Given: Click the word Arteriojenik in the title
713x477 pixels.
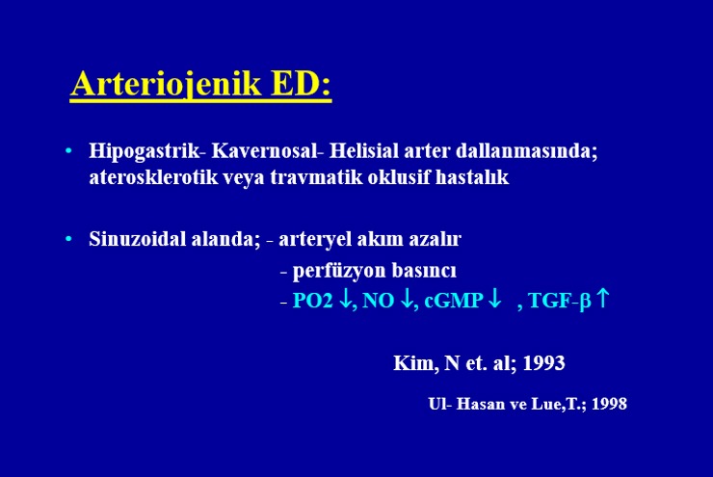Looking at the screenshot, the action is pyautogui.click(x=166, y=84).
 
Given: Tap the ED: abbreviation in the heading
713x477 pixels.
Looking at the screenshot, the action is pyautogui.click(x=301, y=83).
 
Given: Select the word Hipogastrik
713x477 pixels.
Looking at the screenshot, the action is pyautogui.click(x=145, y=151).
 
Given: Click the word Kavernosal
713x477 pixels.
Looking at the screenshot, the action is pyautogui.click(x=264, y=150).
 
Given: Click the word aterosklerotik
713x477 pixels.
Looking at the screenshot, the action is pyautogui.click(x=153, y=177).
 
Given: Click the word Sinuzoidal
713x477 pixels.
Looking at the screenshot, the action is pyautogui.click(x=138, y=239).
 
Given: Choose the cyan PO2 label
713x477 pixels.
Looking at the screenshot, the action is pyautogui.click(x=313, y=301).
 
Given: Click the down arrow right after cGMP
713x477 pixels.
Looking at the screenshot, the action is pyautogui.click(x=494, y=299).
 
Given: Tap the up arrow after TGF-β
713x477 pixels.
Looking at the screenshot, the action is pyautogui.click(x=602, y=299).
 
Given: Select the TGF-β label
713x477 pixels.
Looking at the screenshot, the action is pyautogui.click(x=560, y=301).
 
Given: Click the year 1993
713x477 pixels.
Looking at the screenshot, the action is pyautogui.click(x=543, y=363).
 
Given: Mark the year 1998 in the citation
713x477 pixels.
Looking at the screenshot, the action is pyautogui.click(x=609, y=404).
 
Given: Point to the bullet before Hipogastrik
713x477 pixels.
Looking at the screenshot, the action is pyautogui.click(x=68, y=150).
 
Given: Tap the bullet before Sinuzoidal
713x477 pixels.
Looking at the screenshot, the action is pyautogui.click(x=68, y=239).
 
